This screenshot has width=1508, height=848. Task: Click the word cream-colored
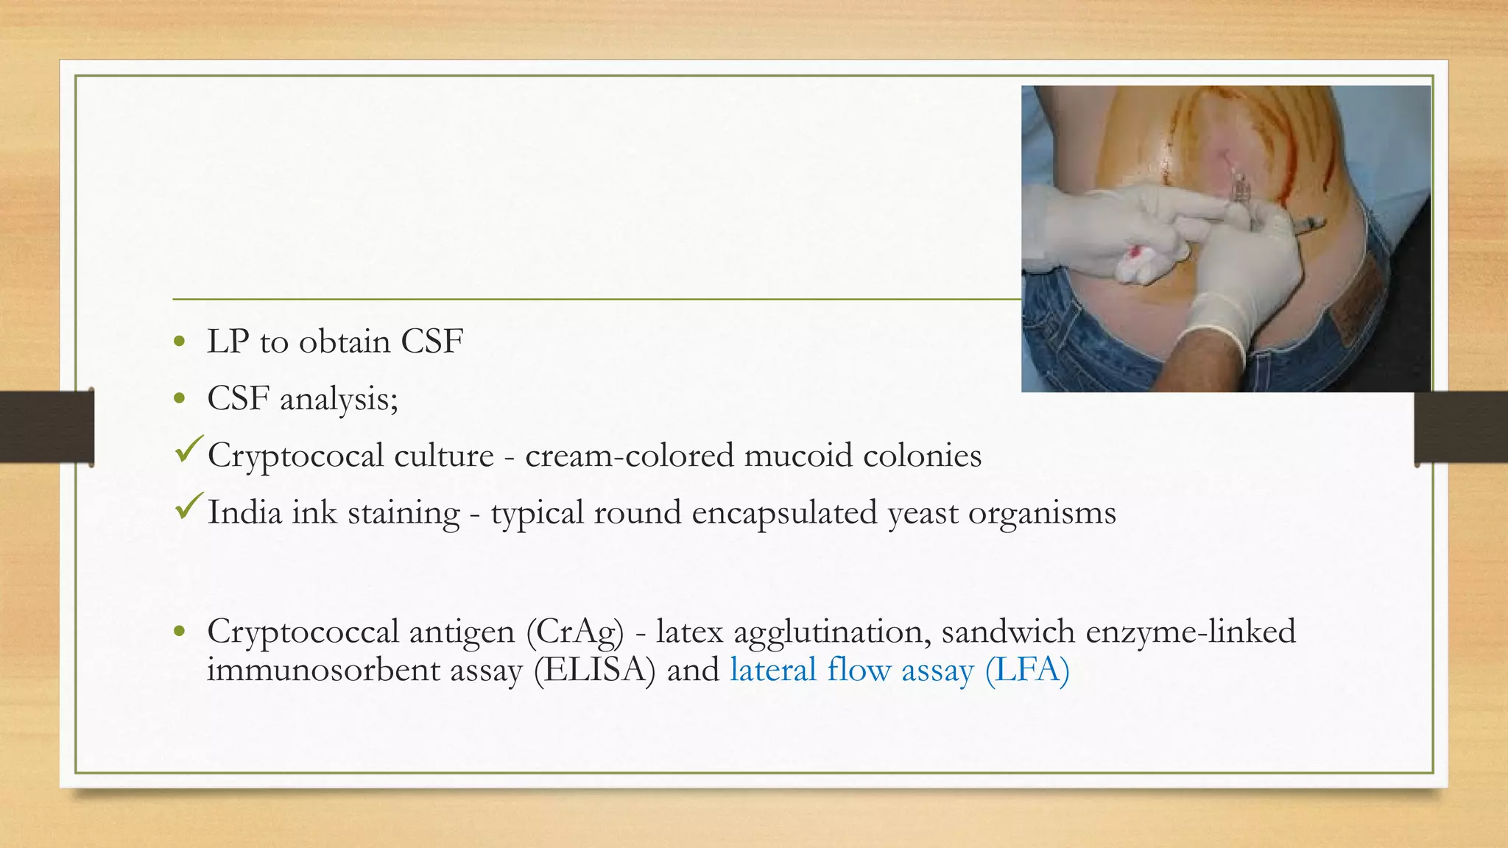click(629, 456)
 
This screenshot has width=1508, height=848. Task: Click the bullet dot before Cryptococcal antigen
click(180, 632)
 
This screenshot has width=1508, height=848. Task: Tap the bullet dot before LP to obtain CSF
click(180, 342)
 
